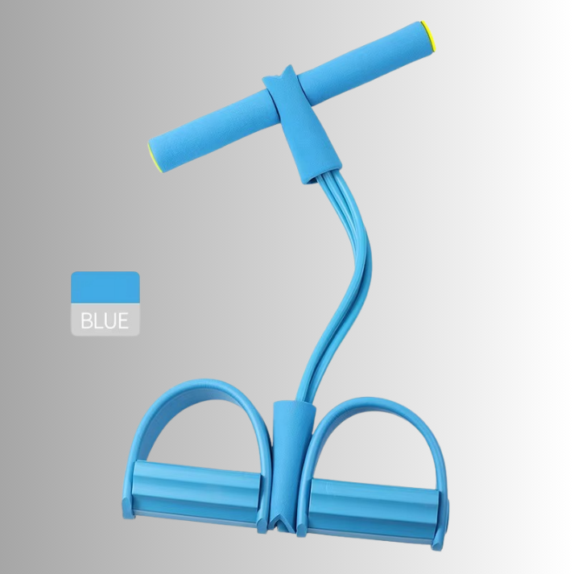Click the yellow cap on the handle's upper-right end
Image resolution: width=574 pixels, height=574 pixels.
[x=428, y=36]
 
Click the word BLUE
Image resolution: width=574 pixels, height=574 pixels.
[x=105, y=320]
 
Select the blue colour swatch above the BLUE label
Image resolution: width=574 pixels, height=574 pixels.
[x=105, y=287]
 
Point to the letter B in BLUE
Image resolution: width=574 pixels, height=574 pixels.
[x=86, y=320]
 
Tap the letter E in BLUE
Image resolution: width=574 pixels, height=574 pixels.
[x=123, y=320]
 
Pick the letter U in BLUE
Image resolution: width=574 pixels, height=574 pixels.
[x=109, y=320]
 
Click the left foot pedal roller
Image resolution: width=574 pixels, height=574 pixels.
[x=196, y=488]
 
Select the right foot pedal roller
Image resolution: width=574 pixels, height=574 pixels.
[x=374, y=505]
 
